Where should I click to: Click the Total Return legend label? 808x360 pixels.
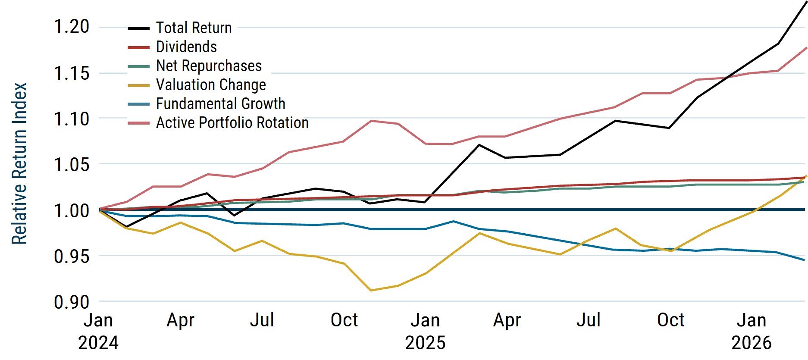click(194, 28)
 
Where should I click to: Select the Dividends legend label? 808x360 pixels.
click(186, 47)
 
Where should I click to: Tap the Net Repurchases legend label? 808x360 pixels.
click(209, 66)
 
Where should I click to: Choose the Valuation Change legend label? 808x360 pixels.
click(211, 85)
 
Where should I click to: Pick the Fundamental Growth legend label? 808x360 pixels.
click(221, 103)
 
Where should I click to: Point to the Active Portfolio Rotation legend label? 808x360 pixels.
click(232, 122)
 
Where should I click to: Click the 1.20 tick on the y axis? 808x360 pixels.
click(72, 27)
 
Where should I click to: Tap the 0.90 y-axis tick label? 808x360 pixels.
click(72, 302)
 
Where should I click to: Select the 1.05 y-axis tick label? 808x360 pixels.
click(72, 164)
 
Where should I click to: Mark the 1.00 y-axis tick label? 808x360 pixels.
click(72, 210)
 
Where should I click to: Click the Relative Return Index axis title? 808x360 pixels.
click(19, 164)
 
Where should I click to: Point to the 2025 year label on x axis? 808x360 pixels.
click(425, 343)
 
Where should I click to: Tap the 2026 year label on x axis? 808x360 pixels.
click(752, 343)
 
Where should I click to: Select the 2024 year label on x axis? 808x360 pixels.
click(98, 343)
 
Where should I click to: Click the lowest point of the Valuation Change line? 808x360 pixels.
click(371, 290)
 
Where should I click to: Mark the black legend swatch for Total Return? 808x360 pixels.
click(139, 28)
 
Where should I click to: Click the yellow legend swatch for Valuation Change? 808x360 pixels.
click(139, 85)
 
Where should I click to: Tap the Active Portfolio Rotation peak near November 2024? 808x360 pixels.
click(371, 121)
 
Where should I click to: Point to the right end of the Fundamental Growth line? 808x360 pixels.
click(804, 260)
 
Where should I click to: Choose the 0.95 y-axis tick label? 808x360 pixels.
click(72, 256)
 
